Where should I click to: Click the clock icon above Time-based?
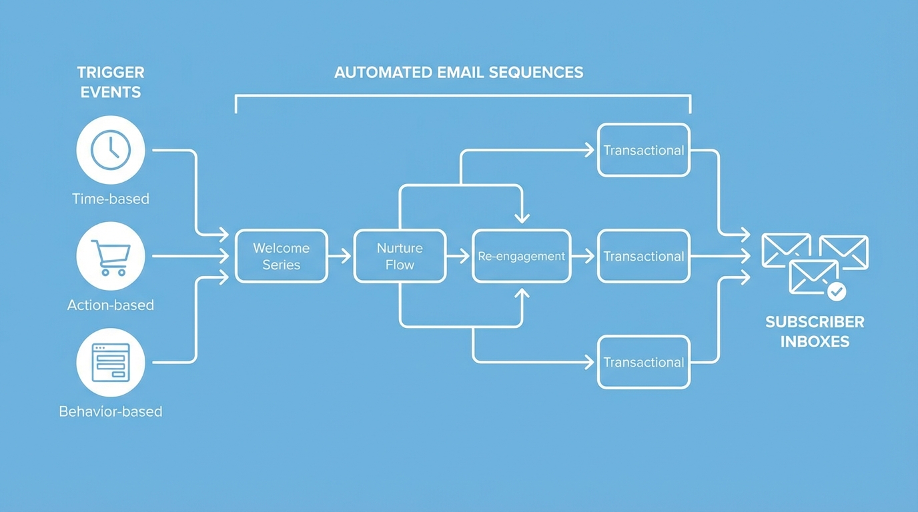pos(111,150)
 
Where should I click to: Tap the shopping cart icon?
pos(111,257)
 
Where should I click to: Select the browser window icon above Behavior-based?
pos(111,363)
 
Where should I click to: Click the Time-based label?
pos(111,199)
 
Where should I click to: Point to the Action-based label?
pos(111,305)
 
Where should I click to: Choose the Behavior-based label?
pos(111,411)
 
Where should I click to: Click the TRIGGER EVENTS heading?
pos(111,82)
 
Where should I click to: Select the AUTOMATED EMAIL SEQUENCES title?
pos(458,72)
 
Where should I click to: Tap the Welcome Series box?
pos(282,256)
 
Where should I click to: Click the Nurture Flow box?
pos(400,256)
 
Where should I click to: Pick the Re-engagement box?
pos(521,256)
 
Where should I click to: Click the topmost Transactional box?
pos(643,150)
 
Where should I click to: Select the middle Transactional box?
pos(643,256)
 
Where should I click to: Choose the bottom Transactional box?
pos(643,363)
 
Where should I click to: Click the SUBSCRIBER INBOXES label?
pos(815,331)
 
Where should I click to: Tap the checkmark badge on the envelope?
pos(836,291)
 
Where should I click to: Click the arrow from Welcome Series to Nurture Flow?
pos(340,256)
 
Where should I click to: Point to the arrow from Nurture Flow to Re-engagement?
pos(458,256)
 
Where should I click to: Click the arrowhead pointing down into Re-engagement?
pos(522,217)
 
